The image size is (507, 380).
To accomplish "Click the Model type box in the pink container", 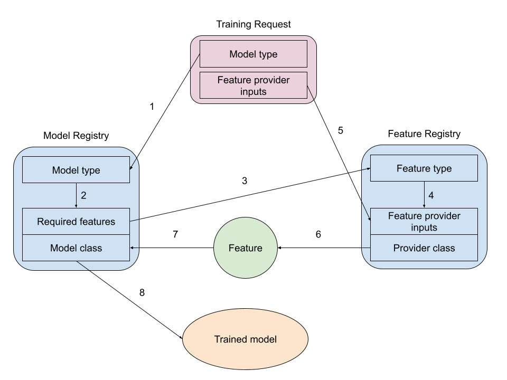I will [253, 54].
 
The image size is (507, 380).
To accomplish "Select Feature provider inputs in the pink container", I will [253, 85].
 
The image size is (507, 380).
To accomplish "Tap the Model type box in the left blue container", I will [76, 170].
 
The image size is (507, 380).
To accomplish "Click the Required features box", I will [76, 222].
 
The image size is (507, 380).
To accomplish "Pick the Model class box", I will [76, 248].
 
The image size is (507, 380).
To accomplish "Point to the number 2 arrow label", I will [83, 195].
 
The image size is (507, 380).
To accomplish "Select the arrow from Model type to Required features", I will [76, 195].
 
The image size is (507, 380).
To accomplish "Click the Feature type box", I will [424, 168].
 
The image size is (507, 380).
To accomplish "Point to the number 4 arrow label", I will [431, 195].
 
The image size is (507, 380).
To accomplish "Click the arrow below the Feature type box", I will [424, 195].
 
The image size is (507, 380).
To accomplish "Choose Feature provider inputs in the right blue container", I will [424, 222].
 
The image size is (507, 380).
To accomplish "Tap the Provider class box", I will [424, 248].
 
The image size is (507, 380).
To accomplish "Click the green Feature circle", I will [245, 248].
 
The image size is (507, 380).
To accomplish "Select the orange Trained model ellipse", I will [245, 339].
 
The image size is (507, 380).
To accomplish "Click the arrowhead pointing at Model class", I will [133, 248].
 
